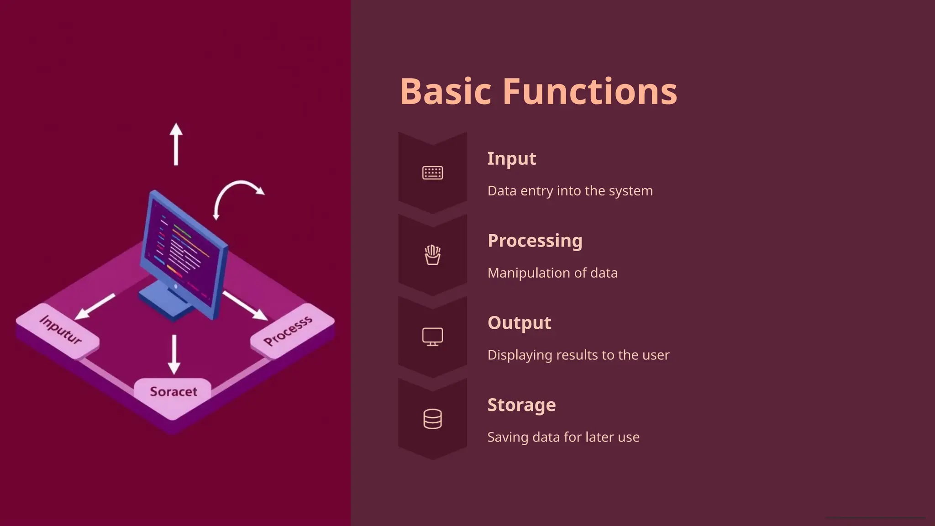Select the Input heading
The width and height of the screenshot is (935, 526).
(x=511, y=158)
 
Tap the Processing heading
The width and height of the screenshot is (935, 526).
(x=535, y=241)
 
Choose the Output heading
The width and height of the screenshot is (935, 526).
(x=519, y=323)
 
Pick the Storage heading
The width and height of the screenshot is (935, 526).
(x=521, y=405)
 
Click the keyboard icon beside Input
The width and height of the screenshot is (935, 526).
(x=432, y=173)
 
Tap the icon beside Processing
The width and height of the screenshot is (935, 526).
(x=432, y=255)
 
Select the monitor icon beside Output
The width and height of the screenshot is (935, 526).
(x=432, y=337)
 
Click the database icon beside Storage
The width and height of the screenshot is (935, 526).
(x=432, y=419)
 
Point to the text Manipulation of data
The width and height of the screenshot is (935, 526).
(x=552, y=273)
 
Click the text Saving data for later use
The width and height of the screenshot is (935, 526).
(x=563, y=437)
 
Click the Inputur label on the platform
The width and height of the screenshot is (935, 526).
(x=60, y=330)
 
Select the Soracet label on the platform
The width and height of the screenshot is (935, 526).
(x=173, y=392)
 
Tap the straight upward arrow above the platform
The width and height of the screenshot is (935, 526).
(x=176, y=144)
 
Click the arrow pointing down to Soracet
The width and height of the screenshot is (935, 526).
(x=174, y=354)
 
